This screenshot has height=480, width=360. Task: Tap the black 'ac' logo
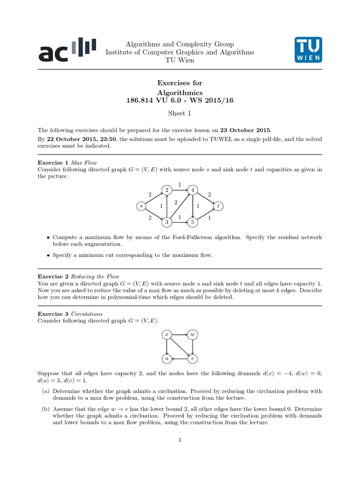click(x=67, y=50)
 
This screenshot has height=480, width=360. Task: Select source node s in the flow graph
click(x=141, y=206)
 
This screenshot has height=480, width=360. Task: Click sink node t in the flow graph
click(x=218, y=206)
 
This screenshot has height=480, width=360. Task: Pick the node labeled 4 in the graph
click(x=193, y=190)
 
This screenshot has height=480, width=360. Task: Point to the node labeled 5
click(x=193, y=222)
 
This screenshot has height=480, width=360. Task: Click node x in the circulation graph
click(x=166, y=335)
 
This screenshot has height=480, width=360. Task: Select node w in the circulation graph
click(x=193, y=335)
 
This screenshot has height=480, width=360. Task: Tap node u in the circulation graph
click(x=166, y=359)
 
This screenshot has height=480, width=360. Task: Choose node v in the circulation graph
click(x=193, y=359)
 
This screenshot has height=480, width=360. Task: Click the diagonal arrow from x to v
click(x=180, y=347)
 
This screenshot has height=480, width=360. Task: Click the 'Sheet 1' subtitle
click(x=180, y=113)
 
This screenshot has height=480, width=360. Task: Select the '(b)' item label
click(x=45, y=408)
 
